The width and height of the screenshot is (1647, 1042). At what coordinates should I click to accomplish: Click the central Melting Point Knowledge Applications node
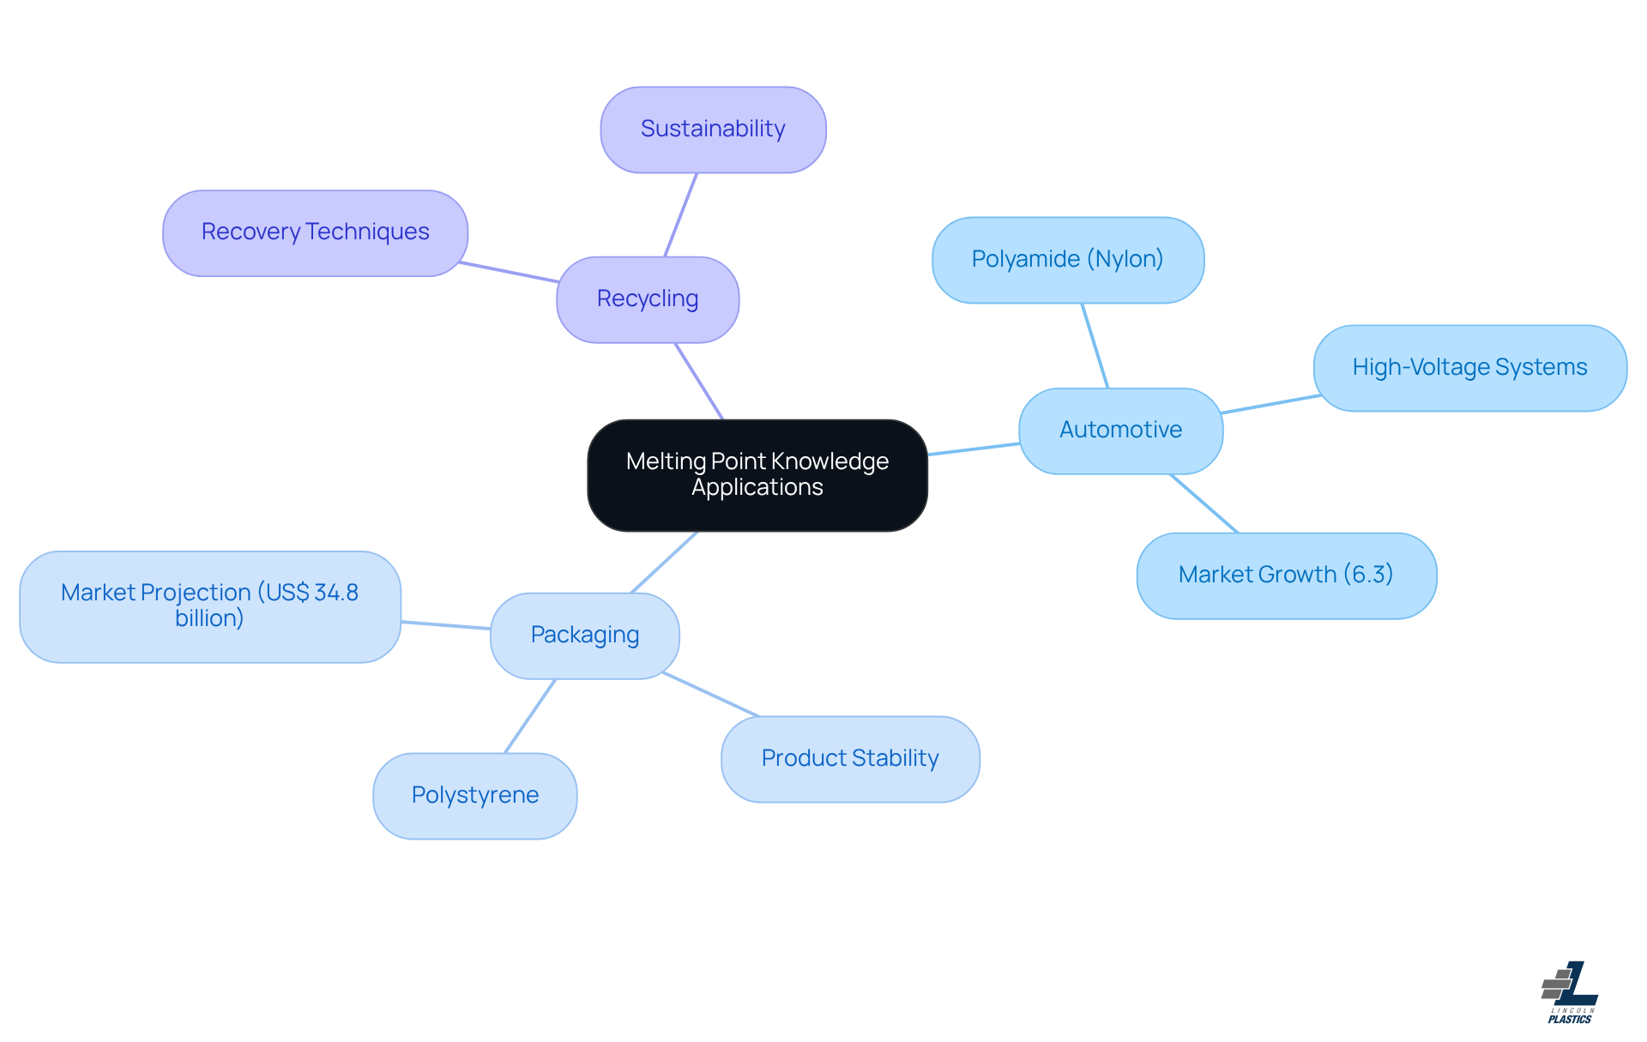[x=757, y=475]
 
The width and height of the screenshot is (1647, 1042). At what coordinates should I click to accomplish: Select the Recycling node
[x=648, y=299]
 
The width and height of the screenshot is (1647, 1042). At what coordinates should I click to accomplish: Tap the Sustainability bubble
[x=713, y=129]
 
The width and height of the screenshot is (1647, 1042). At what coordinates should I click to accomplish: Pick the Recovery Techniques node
[x=315, y=232]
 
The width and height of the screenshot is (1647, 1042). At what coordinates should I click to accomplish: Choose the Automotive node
[x=1120, y=431]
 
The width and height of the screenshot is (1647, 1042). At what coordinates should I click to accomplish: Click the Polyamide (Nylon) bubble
[x=1067, y=260]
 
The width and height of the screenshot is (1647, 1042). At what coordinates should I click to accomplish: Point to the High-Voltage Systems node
[x=1469, y=368]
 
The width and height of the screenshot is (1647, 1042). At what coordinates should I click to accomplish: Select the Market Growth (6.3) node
[x=1286, y=575]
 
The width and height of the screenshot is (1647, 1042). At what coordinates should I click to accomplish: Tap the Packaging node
[x=585, y=635]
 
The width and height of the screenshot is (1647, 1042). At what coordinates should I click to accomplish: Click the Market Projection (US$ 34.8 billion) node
[x=210, y=606]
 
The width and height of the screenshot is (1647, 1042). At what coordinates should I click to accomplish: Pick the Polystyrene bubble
[x=475, y=796]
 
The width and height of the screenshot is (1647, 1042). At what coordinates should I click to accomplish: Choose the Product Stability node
[x=850, y=759]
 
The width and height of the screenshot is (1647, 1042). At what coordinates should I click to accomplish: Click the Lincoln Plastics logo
[x=1570, y=992]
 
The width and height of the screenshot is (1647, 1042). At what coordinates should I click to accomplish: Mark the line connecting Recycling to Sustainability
[x=681, y=214]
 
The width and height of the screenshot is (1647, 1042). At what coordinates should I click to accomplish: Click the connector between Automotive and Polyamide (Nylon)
[x=1095, y=346]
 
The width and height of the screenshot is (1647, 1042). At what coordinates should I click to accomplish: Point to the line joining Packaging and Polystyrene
[x=530, y=716]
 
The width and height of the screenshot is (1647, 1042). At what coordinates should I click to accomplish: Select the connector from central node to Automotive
[x=974, y=449]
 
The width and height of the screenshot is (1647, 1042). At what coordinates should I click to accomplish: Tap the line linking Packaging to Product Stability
[x=711, y=695]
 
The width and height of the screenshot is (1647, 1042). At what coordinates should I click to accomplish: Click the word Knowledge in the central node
[x=830, y=461]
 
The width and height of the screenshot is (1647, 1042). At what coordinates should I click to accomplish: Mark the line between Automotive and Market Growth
[x=1204, y=503]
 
